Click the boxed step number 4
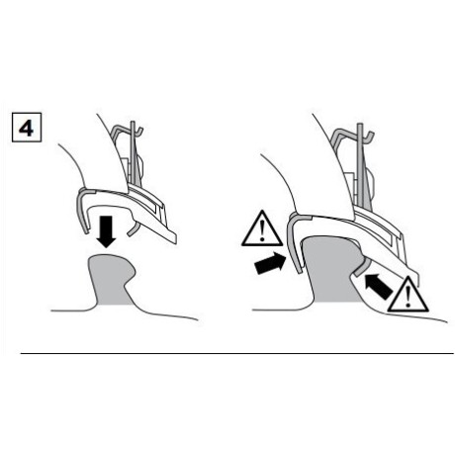27,128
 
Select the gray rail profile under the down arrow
111,280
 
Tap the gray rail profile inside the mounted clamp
333,269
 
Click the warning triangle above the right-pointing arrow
262,229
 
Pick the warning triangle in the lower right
408,296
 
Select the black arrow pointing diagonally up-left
379,286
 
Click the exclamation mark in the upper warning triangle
262,230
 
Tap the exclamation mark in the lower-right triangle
409,297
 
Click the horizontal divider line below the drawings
236,353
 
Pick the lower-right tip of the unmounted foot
175,243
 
